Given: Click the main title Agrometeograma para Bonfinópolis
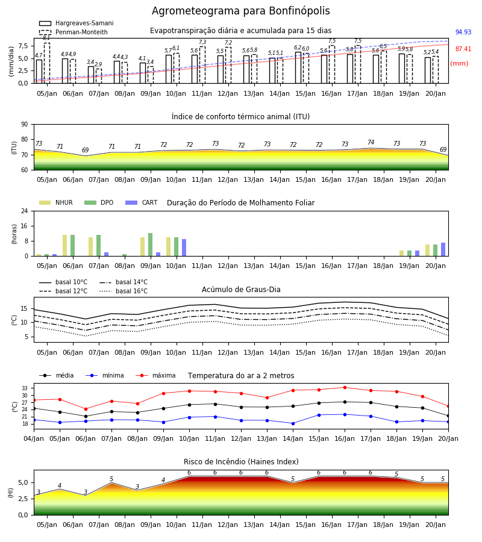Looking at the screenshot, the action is point(240,11).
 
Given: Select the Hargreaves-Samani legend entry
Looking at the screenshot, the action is point(76,23).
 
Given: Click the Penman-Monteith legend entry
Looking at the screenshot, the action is point(74,32).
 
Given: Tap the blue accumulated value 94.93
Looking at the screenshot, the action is point(463,32).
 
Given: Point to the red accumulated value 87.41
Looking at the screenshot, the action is point(463,49).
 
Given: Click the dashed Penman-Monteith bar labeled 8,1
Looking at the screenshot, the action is point(47,63).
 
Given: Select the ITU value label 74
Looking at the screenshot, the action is point(371,142).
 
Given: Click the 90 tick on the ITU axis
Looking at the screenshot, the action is point(25,125).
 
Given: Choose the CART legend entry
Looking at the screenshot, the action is point(141,202).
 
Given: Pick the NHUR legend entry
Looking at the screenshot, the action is point(56,202).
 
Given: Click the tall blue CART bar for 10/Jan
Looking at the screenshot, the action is point(184,248).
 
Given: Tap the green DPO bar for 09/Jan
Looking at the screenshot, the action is point(151,245).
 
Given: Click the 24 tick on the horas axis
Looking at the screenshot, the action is point(25,211).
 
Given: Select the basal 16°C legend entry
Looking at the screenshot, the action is point(124,291).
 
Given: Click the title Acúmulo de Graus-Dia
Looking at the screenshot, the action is point(241,290).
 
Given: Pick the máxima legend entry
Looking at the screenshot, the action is point(155,375).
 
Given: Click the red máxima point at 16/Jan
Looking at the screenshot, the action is point(345,387).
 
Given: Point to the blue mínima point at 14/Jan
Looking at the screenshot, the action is point(293,423).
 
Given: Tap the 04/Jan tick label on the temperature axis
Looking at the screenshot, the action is point(34,438).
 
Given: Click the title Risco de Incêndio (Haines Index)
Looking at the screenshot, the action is point(241,462).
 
